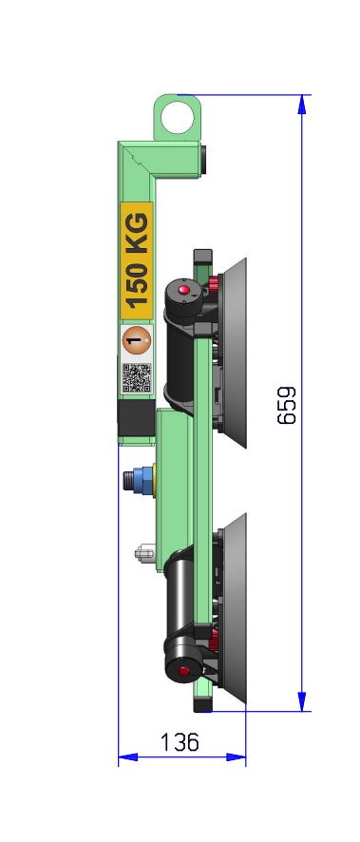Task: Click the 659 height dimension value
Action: [287, 405]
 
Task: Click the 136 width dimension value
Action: [180, 742]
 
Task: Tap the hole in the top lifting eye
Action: [178, 118]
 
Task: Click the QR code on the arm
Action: [137, 377]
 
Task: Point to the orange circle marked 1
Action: [137, 341]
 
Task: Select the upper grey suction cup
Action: [233, 353]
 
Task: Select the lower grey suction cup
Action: [234, 607]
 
